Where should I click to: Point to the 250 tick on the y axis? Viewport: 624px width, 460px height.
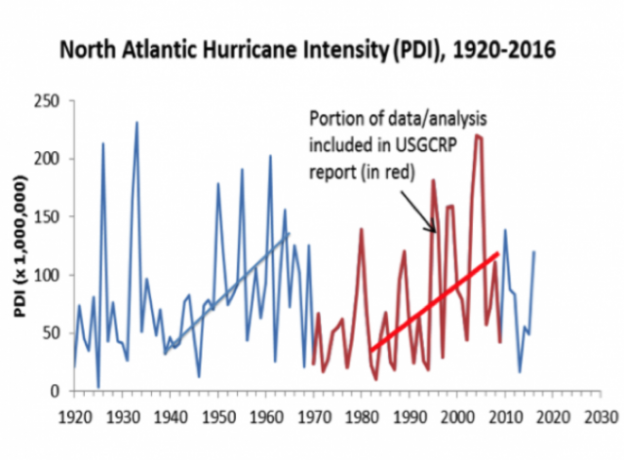point(49,100)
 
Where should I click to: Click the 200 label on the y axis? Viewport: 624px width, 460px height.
point(49,159)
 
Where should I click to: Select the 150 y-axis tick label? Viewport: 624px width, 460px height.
point(49,217)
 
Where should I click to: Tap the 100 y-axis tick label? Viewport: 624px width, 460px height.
point(49,275)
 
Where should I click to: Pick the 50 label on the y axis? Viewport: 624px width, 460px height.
point(53,333)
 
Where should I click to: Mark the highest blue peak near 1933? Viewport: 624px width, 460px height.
point(136,123)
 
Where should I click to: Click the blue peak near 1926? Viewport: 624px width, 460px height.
point(102,144)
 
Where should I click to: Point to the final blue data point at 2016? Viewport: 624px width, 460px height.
point(534,251)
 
